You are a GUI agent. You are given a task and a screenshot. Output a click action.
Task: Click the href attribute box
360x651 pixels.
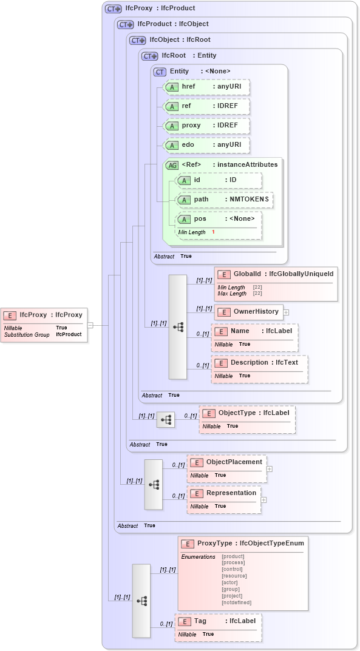coord(206,87)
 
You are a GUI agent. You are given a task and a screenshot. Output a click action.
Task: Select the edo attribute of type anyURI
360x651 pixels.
coord(206,145)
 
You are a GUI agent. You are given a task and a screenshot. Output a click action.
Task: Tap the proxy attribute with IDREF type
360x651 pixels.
coord(206,126)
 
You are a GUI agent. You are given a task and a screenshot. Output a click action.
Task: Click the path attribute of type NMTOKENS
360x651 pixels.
coord(224,200)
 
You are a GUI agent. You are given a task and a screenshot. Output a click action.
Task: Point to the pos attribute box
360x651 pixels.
coord(218,219)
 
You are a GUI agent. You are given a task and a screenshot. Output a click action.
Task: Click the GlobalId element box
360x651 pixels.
coord(276,274)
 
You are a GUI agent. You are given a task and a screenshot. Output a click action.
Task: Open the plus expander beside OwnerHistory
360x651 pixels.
coord(286,312)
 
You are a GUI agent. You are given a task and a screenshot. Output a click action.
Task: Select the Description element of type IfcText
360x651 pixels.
coord(259,363)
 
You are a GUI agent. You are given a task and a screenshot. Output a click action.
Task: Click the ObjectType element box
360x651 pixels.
coord(248,413)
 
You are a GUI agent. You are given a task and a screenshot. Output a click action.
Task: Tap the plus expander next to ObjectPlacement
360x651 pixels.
coord(270,468)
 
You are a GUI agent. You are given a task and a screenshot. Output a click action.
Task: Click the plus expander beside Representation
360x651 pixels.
coord(263,499)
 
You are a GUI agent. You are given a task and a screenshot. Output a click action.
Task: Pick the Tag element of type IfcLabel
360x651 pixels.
coord(218,621)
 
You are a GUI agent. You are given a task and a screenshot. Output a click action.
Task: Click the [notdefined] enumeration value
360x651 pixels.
coord(236,602)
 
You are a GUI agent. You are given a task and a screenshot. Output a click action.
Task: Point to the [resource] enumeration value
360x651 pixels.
coord(234,576)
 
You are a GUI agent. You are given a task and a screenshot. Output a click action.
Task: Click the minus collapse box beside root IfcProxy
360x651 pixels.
coord(90,325)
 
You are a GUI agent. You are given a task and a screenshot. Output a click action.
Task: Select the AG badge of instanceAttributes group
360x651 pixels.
coord(172,165)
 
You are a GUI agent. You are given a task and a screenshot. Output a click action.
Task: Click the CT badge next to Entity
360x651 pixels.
coord(160,72)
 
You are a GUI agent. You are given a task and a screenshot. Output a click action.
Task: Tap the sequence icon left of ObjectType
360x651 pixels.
coord(166,419)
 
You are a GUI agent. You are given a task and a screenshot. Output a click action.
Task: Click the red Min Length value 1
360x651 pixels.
coord(213,232)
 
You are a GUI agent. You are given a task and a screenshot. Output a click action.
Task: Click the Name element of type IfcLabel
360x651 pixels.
coord(254,331)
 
